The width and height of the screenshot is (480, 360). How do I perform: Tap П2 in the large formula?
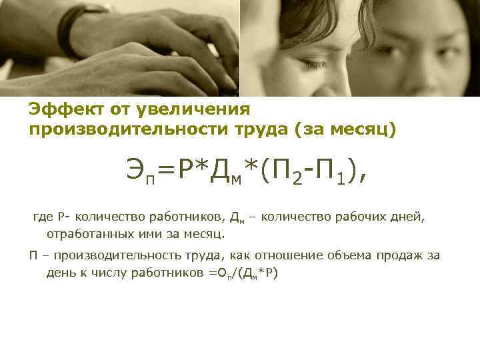tap(283, 171)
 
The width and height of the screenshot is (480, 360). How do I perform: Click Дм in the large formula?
tap(220, 173)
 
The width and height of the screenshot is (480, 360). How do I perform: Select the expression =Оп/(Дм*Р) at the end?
tap(247, 273)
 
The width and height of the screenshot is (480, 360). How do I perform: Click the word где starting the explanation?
tap(43, 217)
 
